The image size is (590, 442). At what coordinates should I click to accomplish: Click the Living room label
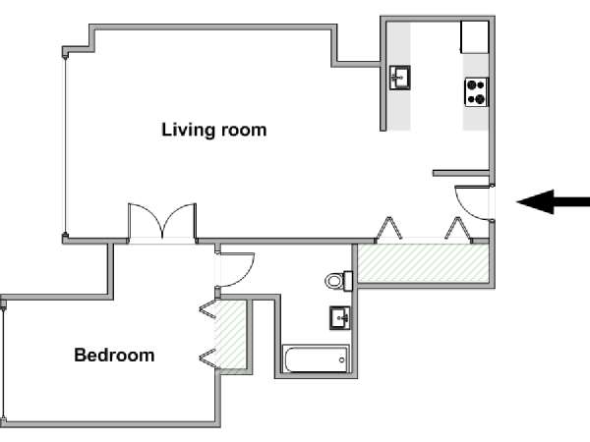[x=214, y=130]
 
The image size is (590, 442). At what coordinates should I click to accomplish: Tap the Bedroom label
[x=114, y=356]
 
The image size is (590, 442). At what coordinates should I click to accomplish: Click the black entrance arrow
[x=553, y=201]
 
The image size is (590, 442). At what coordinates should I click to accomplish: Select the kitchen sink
[x=399, y=78]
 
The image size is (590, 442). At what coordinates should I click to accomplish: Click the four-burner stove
[x=477, y=92]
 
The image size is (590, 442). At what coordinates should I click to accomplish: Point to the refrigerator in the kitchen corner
[x=475, y=37]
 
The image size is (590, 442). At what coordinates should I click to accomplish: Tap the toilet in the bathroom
[x=338, y=280]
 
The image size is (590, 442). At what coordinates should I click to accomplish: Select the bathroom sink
[x=340, y=318]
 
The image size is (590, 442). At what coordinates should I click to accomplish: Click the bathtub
[x=316, y=359]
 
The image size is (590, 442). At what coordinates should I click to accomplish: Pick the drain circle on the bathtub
[x=341, y=360]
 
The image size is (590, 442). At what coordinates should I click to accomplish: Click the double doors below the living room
[x=162, y=222]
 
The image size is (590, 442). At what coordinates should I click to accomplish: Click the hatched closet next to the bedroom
[x=230, y=335]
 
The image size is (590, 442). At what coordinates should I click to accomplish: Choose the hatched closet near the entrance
[x=423, y=262]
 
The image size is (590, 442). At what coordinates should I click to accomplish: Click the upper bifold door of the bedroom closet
[x=207, y=310]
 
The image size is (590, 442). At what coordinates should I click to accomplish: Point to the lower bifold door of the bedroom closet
[x=207, y=359]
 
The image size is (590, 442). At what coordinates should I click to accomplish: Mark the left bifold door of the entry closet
[x=388, y=229]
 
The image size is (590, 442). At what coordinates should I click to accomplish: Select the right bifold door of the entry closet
[x=458, y=229]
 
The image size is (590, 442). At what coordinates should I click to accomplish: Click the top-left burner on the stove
[x=472, y=84]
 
